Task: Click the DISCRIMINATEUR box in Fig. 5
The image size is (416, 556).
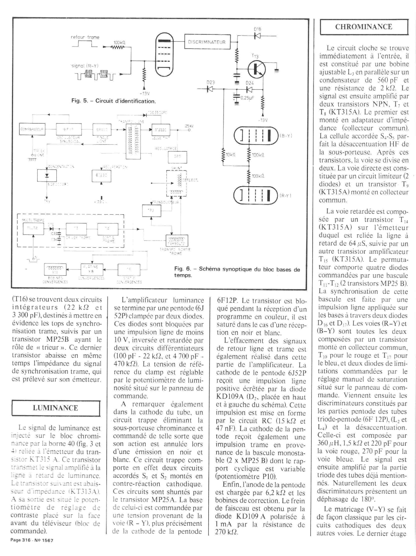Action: [x=207, y=42]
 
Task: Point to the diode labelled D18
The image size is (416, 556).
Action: [x=257, y=36]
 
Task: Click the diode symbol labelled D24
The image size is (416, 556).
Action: [x=249, y=89]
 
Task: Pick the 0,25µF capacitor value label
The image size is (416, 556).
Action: [x=247, y=98]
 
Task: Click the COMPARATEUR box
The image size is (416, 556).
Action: [x=32, y=129]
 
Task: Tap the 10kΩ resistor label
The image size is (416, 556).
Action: [x=230, y=155]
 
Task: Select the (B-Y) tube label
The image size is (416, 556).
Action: [x=285, y=136]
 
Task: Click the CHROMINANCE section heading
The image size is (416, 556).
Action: [x=363, y=27]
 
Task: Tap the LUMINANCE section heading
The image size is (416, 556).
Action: [x=55, y=408]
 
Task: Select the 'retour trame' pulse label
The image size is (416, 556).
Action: [x=85, y=37]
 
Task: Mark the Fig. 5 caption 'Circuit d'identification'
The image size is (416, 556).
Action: [x=113, y=101]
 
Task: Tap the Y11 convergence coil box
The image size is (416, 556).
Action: [x=55, y=270]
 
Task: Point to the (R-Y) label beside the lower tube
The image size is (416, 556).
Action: [x=285, y=195]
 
